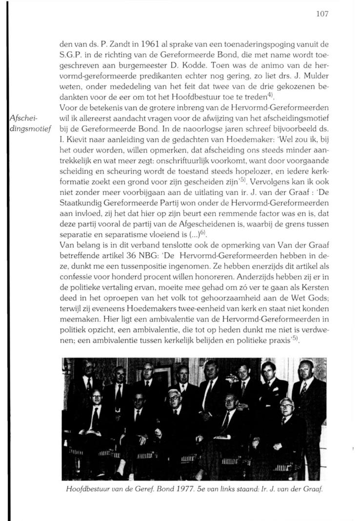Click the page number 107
tap(322, 14)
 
